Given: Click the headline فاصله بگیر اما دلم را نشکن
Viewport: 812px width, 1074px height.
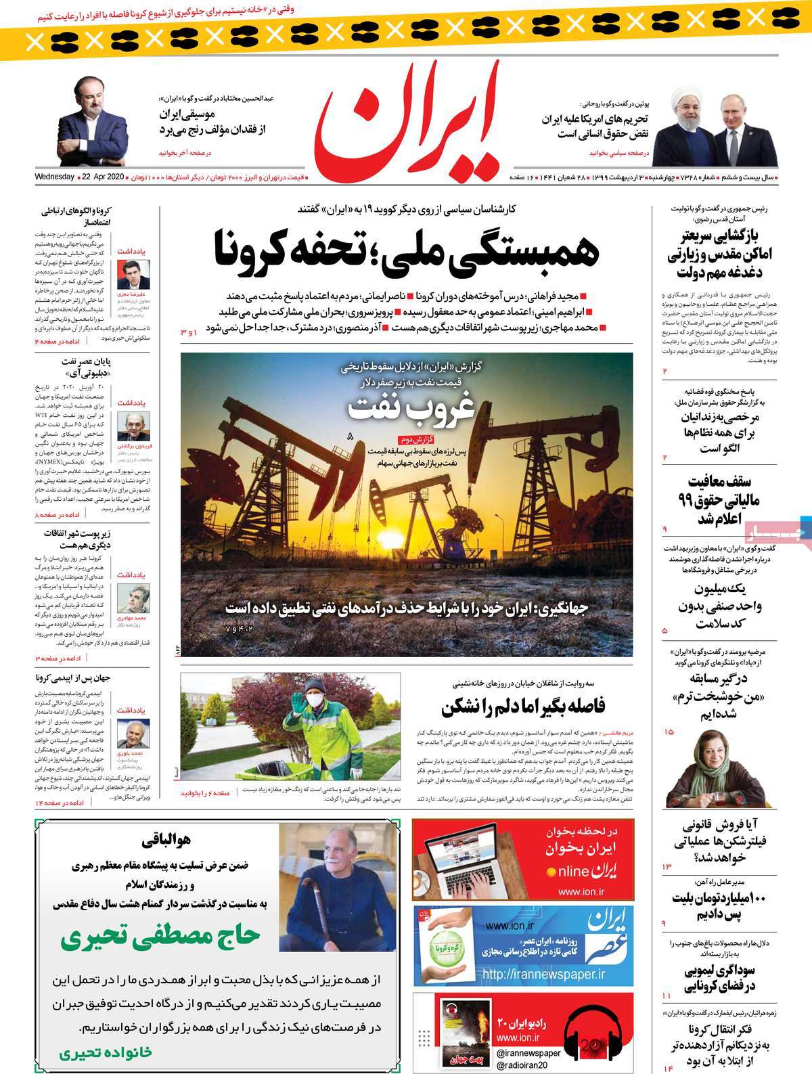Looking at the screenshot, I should (x=523, y=706).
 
